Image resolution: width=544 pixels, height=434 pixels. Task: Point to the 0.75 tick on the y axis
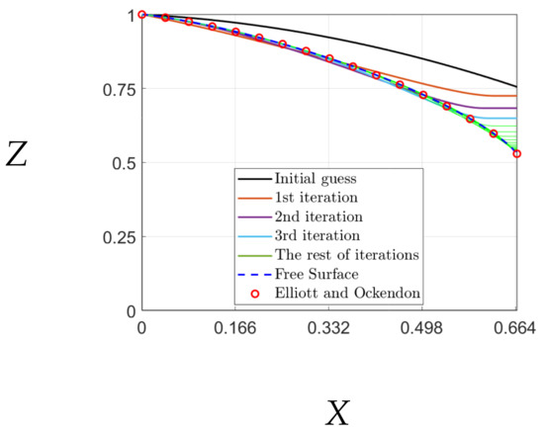pyautogui.click(x=120, y=89)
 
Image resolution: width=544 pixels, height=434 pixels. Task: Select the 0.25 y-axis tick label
pyautogui.click(x=120, y=237)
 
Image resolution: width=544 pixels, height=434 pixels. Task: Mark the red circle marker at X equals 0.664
pyautogui.click(x=516, y=153)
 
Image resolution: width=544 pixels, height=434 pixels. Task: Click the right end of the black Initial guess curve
pyautogui.click(x=516, y=87)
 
